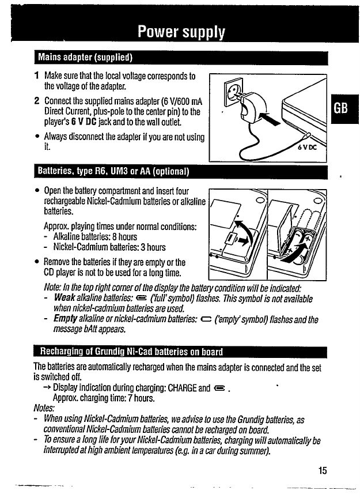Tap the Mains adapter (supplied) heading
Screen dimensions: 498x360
[x=85, y=57]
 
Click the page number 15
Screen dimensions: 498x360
[x=322, y=470]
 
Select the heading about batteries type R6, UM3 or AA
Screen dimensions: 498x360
[x=113, y=172]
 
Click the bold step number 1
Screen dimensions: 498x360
[x=36, y=76]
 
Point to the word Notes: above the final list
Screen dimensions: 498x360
[x=44, y=409]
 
